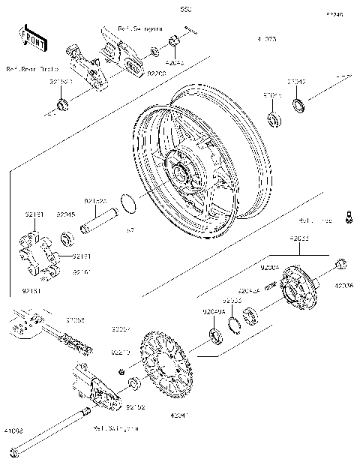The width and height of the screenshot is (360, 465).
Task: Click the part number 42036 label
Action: click(x=343, y=286)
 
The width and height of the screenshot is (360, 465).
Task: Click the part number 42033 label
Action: click(x=300, y=238)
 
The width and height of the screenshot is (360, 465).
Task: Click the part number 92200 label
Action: click(x=156, y=74)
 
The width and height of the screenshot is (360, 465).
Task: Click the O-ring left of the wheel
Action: click(x=130, y=202)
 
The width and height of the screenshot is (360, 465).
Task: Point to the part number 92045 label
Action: click(x=66, y=214)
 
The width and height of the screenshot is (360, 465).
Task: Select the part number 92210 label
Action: click(x=121, y=352)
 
